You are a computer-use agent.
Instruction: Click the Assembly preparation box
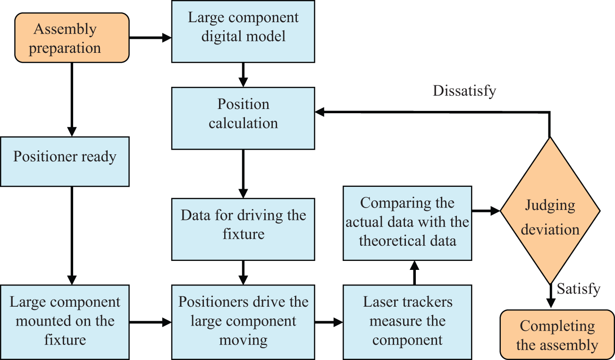72,38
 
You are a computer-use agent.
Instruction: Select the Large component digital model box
243,31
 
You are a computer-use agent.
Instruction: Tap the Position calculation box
243,118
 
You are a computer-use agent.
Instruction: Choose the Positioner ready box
65,162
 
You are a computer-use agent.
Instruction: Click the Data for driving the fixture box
243,229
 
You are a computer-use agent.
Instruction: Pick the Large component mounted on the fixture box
65,322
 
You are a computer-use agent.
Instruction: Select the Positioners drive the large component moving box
243,322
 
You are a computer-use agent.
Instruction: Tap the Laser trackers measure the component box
407,322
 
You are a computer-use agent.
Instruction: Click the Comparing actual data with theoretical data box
407,223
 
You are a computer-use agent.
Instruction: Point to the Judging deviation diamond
550,211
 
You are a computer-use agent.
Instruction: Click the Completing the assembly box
557,335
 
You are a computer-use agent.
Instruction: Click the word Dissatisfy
464,91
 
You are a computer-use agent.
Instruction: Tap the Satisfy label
579,289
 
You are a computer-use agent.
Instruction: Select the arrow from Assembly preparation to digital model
151,38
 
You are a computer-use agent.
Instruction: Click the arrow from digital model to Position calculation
243,75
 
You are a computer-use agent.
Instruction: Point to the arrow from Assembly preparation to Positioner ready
72,100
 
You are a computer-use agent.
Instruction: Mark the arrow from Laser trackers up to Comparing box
414,273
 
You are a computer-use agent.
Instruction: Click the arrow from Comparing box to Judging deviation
486,211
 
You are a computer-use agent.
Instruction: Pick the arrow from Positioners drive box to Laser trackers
329,322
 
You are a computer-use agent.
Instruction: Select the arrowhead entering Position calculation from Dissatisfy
320,112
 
